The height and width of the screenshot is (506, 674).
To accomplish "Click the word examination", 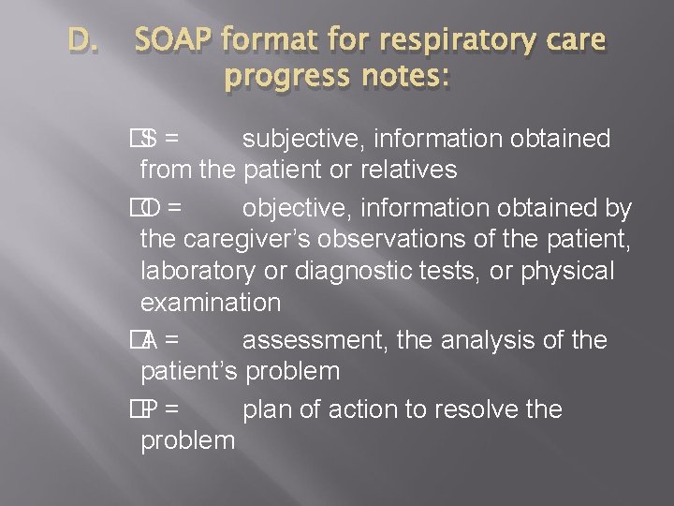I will coord(210,302).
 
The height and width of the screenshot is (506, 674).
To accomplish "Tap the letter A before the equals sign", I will coord(150,340).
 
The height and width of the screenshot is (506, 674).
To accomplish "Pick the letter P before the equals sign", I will coord(150,409).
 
